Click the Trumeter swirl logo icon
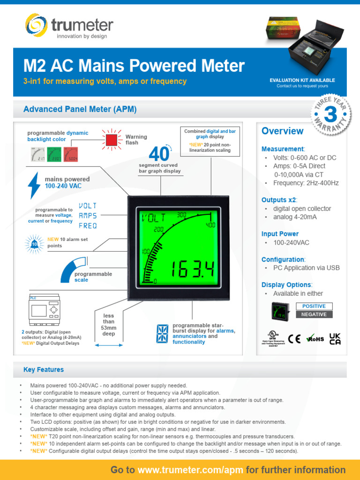pos(37,25)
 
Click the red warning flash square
pos(112,140)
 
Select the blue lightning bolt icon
pos(34,185)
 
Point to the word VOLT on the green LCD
pos(154,217)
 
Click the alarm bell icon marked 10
pos(35,243)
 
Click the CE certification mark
pos(294,339)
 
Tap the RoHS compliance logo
pos(315,339)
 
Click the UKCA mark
pos(335,339)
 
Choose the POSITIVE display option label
pos(314,306)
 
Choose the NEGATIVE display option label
pos(314,315)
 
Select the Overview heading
pos(282,131)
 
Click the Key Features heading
pos(44,370)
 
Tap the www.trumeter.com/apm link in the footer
pos(191,470)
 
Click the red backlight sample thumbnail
pos(70,154)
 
